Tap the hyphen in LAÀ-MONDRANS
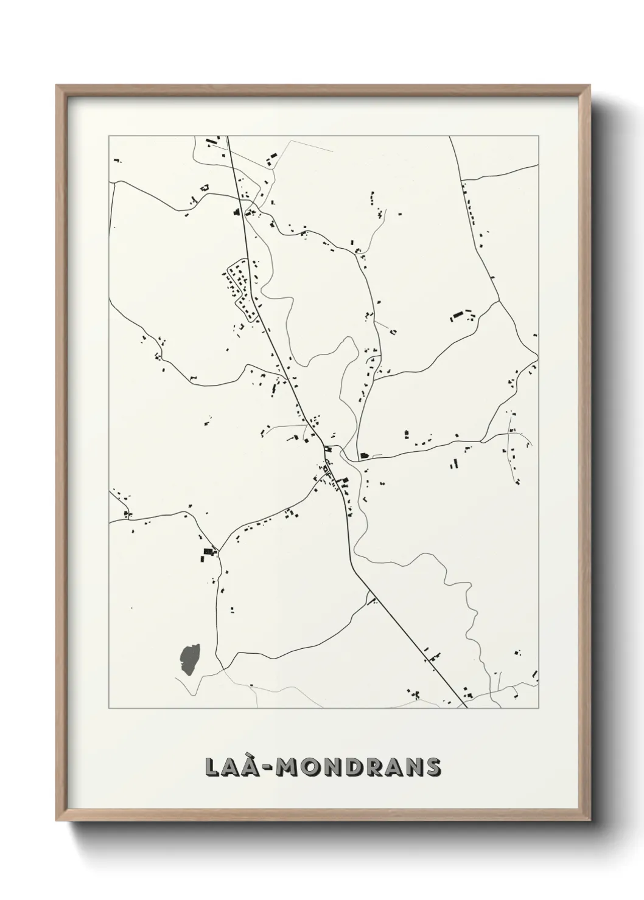[x=267, y=768]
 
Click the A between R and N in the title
[x=391, y=767]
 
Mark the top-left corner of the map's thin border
[x=109, y=136]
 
